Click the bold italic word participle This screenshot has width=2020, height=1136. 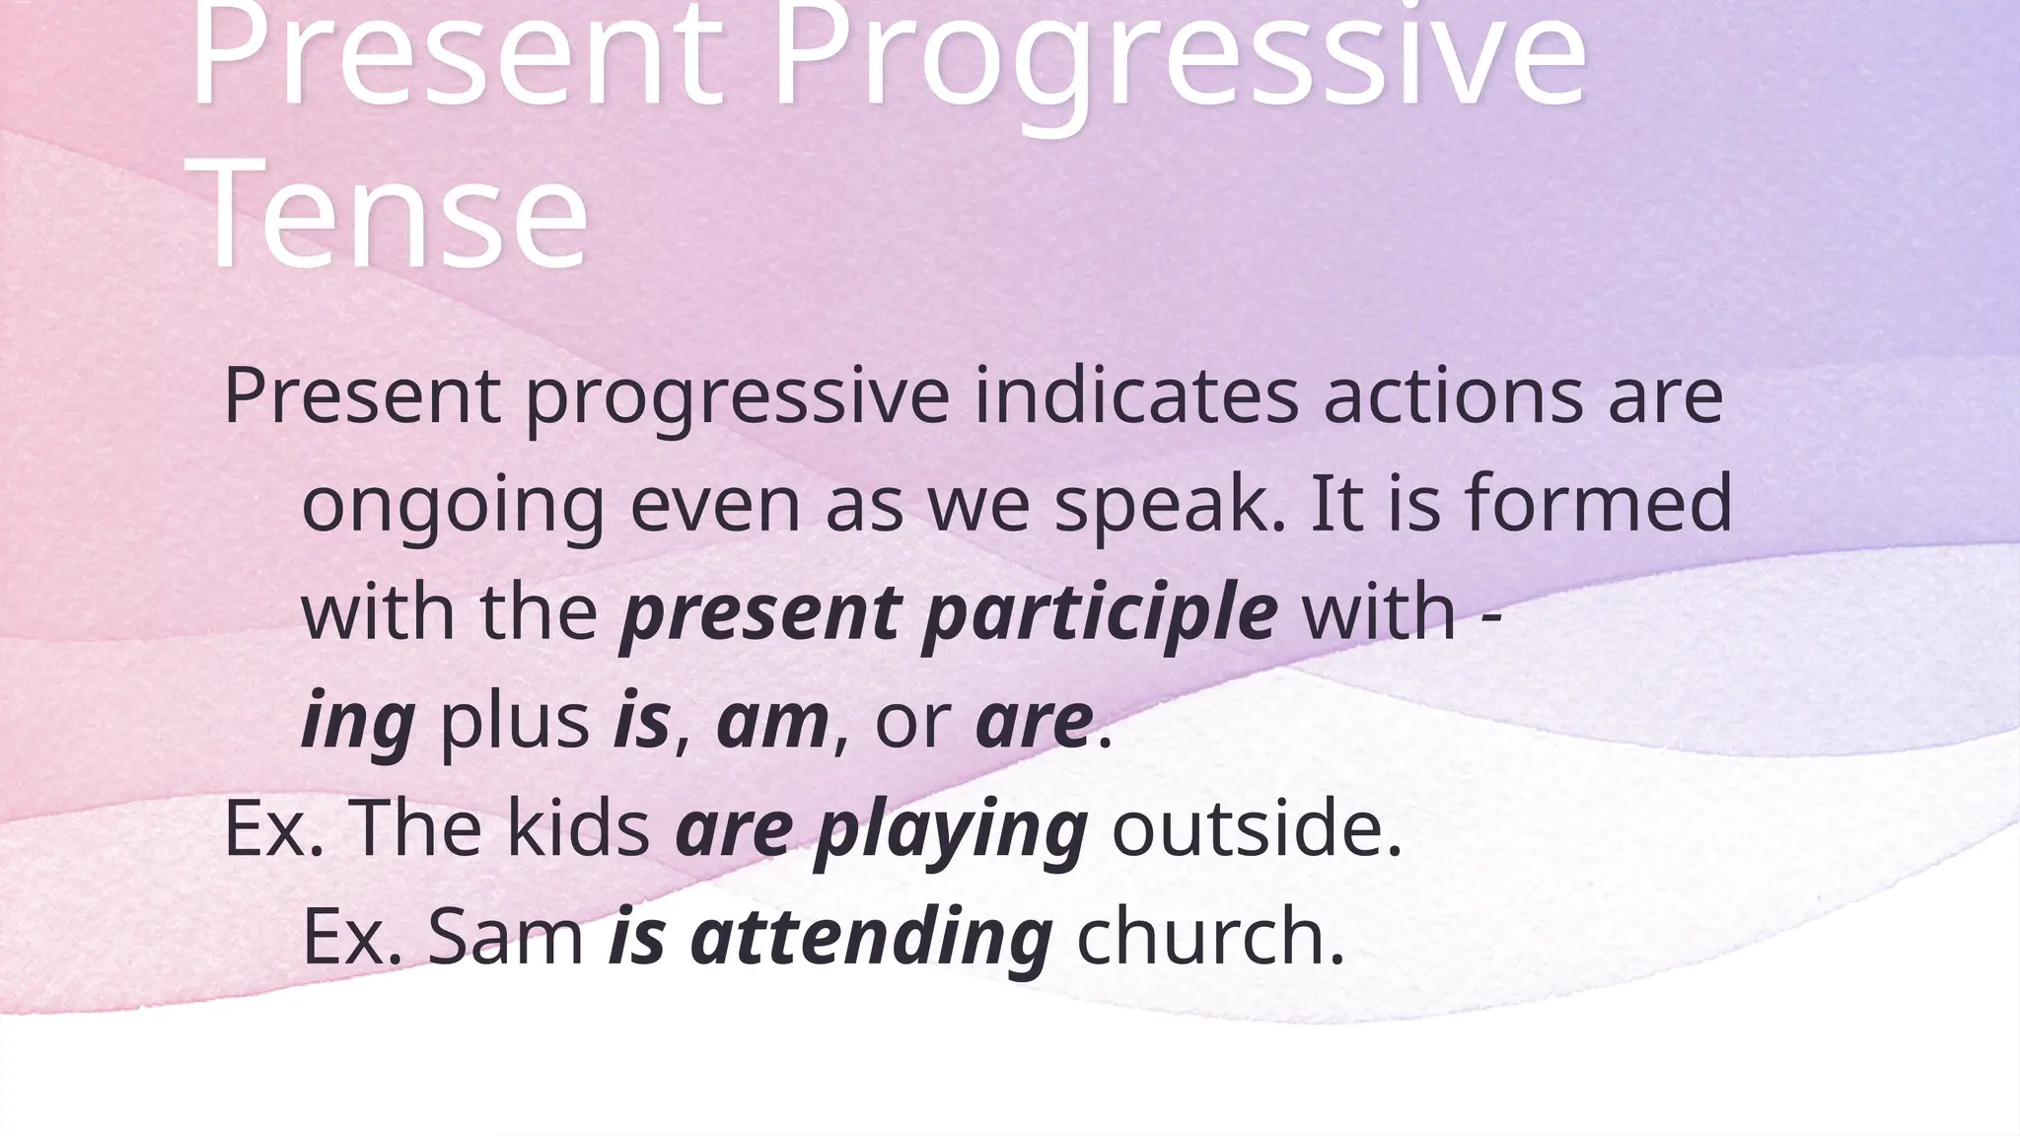point(1099,613)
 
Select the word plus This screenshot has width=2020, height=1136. point(514,722)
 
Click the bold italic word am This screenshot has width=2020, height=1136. point(772,722)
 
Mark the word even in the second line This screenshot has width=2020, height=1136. point(714,505)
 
